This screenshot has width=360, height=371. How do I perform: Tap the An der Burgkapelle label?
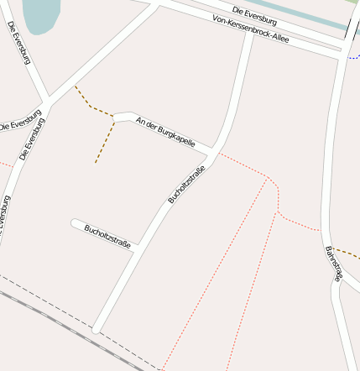coord(165,132)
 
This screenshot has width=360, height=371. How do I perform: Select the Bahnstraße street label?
coord(333,263)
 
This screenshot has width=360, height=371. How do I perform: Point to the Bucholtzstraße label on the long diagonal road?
coord(186,185)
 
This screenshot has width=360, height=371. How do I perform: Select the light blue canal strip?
coord(302,16)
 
